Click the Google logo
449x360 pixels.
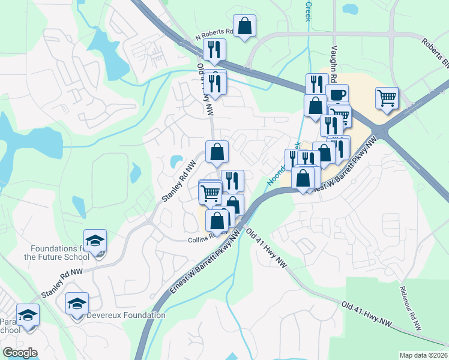click(20, 353)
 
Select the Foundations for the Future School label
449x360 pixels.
click(56, 253)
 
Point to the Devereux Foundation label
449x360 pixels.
click(126, 315)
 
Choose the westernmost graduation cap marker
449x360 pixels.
click(27, 315)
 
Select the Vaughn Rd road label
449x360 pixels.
click(334, 62)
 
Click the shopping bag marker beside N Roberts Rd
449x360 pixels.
click(244, 26)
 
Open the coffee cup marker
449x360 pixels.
click(337, 95)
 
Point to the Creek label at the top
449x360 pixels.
click(309, 11)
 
